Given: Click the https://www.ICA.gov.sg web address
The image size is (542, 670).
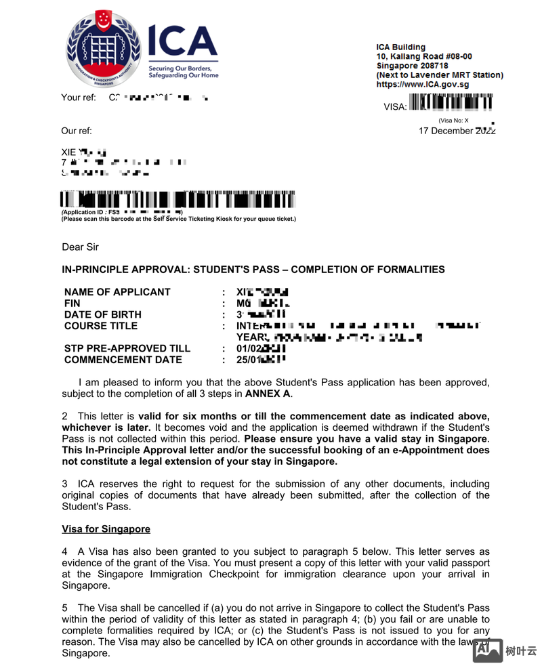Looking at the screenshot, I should [422, 85].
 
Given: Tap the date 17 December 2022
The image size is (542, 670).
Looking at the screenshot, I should [457, 131].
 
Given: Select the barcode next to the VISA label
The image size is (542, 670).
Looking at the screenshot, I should [452, 103].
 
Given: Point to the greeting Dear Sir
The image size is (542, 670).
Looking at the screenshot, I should [80, 247].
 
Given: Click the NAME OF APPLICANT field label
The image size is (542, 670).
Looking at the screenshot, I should [117, 292].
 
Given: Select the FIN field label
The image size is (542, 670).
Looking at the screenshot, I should [72, 303].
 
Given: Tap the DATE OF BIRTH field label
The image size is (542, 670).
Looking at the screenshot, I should [103, 314].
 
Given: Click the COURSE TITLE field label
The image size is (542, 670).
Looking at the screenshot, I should [101, 326].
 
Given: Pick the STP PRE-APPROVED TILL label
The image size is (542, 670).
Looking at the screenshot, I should [127, 348].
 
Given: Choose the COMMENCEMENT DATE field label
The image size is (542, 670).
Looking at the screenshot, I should [123, 360].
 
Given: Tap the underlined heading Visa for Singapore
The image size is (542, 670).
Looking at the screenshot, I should [106, 528].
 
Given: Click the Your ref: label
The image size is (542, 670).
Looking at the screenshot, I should [79, 98].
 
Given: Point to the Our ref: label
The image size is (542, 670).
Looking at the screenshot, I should [77, 131].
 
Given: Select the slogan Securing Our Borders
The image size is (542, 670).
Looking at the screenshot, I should [180, 68].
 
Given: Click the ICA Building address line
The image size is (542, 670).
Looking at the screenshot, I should [401, 47].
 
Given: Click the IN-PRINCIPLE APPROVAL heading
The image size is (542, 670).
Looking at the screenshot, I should [253, 270].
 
